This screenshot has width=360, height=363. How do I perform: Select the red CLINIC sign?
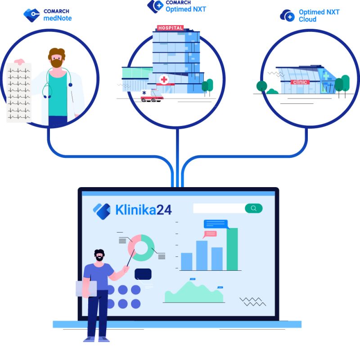coord(300,82)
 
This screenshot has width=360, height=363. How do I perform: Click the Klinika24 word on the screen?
coord(143,210)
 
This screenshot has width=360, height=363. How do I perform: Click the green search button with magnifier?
coord(254,208)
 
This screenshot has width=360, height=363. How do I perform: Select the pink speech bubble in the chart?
coord(210,234)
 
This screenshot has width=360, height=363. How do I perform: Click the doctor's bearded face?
coord(57,58)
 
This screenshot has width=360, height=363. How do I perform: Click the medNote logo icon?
coord(31,14)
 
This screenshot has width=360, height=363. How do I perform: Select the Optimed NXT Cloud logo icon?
coord(287,16)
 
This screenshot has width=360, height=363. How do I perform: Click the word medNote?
coord(58,18)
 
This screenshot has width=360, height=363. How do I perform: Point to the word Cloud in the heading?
coord(307,19)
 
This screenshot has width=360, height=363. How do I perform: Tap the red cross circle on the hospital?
coord(164,80)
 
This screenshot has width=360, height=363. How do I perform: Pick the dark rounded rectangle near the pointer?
coord(143,274)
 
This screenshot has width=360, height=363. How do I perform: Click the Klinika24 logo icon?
coord(102,210)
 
